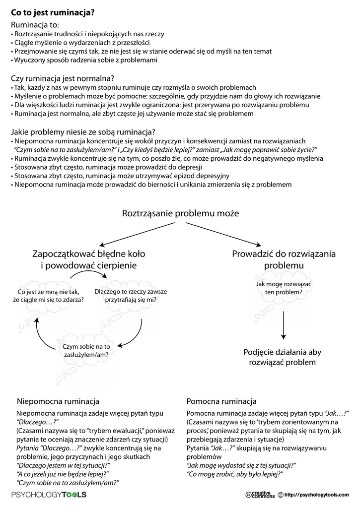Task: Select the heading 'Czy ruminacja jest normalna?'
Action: point(63,78)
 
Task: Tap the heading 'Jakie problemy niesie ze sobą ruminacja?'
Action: point(83,132)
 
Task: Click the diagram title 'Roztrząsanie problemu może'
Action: point(180,213)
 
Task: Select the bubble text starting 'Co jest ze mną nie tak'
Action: point(51,296)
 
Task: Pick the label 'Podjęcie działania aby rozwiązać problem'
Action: point(283,357)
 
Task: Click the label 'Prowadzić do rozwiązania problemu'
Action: point(284,260)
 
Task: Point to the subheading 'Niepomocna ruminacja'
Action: point(58,401)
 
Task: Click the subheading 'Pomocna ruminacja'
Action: point(221,401)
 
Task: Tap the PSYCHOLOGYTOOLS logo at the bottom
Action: point(49,495)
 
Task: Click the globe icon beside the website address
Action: point(281,495)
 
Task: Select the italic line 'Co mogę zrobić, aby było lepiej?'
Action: point(234,474)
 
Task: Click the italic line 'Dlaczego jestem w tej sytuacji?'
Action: point(63,465)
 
